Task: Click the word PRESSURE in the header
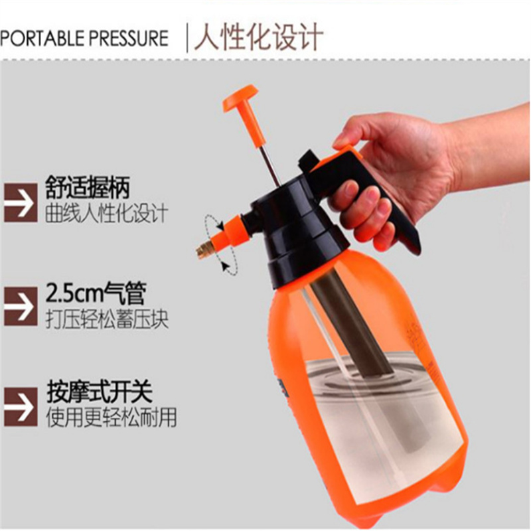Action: (129, 38)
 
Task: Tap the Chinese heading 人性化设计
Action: (258, 37)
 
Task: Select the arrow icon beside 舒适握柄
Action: (21, 202)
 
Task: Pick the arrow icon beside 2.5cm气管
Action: (21, 306)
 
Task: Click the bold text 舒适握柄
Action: (88, 187)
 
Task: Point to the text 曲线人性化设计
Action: (106, 212)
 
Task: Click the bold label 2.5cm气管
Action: (96, 293)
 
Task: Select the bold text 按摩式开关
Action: (99, 392)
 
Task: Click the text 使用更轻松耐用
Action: (112, 417)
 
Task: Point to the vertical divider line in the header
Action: (187, 37)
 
